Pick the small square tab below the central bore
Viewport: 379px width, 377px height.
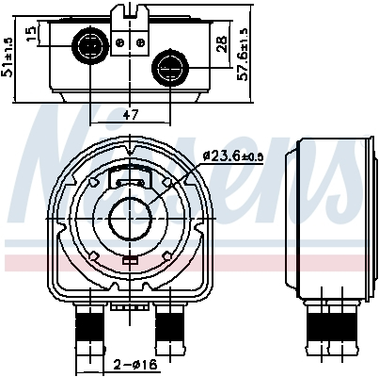pyautogui.click(x=128, y=262)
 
